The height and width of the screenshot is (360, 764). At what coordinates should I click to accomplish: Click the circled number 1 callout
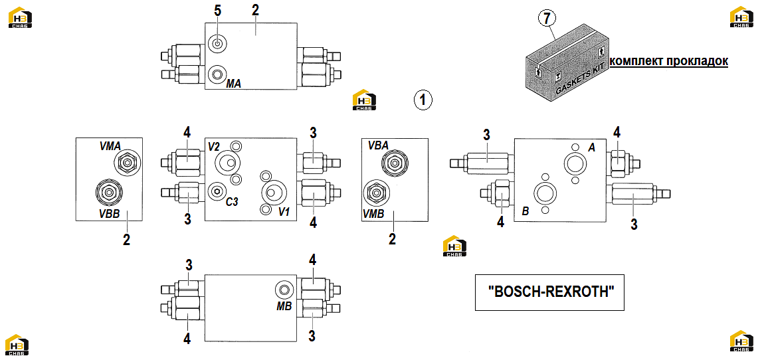(423, 100)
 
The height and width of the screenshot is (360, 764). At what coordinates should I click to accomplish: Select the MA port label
(233, 84)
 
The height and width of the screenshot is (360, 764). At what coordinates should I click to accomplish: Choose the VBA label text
(378, 145)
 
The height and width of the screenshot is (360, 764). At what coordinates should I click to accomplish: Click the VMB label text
(374, 213)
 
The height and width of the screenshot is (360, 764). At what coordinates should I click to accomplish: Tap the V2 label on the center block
(215, 145)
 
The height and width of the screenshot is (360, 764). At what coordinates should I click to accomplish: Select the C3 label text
(231, 201)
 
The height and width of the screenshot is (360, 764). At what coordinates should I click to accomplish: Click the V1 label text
(284, 212)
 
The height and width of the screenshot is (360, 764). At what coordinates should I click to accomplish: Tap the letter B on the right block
(525, 211)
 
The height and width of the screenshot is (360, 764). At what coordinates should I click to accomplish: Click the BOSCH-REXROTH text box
(549, 293)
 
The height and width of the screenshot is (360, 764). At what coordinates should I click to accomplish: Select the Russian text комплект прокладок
(669, 61)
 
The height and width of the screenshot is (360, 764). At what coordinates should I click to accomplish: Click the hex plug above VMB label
(375, 193)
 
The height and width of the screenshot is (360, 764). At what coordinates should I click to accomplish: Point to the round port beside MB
(284, 291)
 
